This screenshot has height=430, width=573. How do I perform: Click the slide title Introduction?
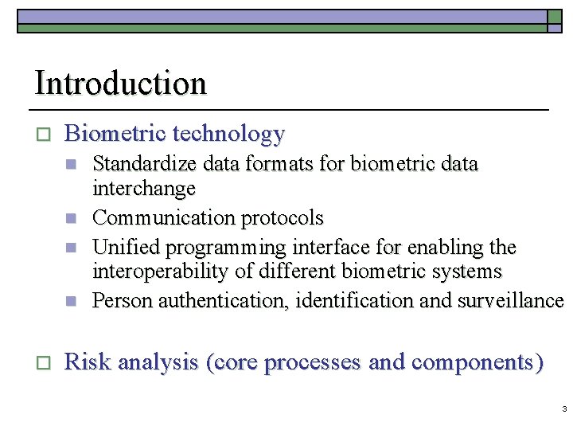(x=120, y=84)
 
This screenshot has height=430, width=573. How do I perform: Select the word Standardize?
(x=146, y=165)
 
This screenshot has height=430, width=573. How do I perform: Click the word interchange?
(x=144, y=190)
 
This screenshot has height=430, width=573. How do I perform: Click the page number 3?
(x=563, y=409)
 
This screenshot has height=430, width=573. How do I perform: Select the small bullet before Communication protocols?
(x=71, y=218)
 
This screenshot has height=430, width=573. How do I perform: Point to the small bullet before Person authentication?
(x=71, y=302)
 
